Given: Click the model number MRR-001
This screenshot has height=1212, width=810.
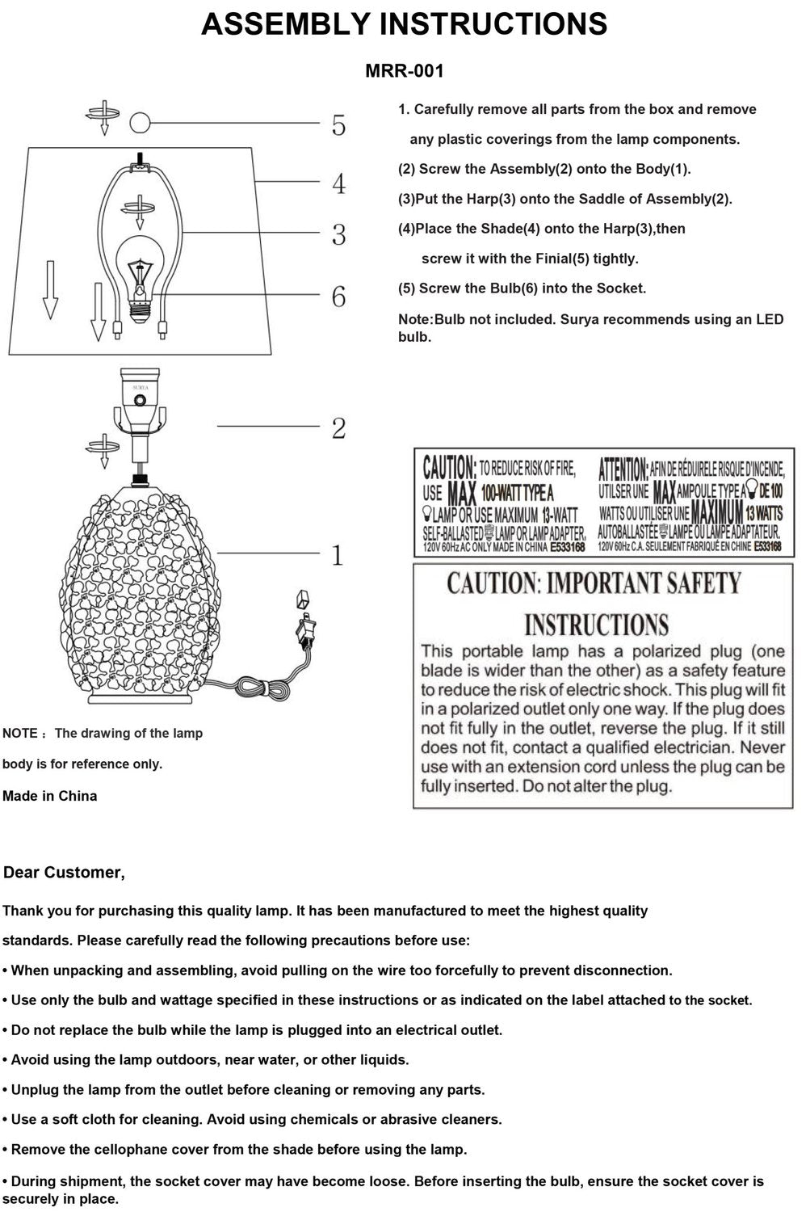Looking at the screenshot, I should (x=405, y=71).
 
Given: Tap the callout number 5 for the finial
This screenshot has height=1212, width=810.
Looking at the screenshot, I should (x=338, y=126).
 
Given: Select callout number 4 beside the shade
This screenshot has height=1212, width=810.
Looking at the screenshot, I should (x=338, y=183).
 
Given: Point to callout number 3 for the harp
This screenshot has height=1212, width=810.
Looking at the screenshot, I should (x=338, y=235).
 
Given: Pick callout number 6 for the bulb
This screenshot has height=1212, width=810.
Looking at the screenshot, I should (x=338, y=297).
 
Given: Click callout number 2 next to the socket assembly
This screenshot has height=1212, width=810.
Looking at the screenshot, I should (x=338, y=428).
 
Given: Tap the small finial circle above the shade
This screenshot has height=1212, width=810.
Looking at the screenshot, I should (x=141, y=123).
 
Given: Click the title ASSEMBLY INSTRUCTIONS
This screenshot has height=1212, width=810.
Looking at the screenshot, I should (x=404, y=25).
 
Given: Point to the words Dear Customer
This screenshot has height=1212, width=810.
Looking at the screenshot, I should (x=64, y=873).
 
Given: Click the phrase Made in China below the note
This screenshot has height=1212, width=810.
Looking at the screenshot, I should (x=49, y=796).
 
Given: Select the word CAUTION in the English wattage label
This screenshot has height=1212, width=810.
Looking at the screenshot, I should (x=449, y=468).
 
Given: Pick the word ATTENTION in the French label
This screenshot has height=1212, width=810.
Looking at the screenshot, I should (x=623, y=468).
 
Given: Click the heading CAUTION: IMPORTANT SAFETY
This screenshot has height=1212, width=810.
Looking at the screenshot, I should (x=594, y=583).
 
